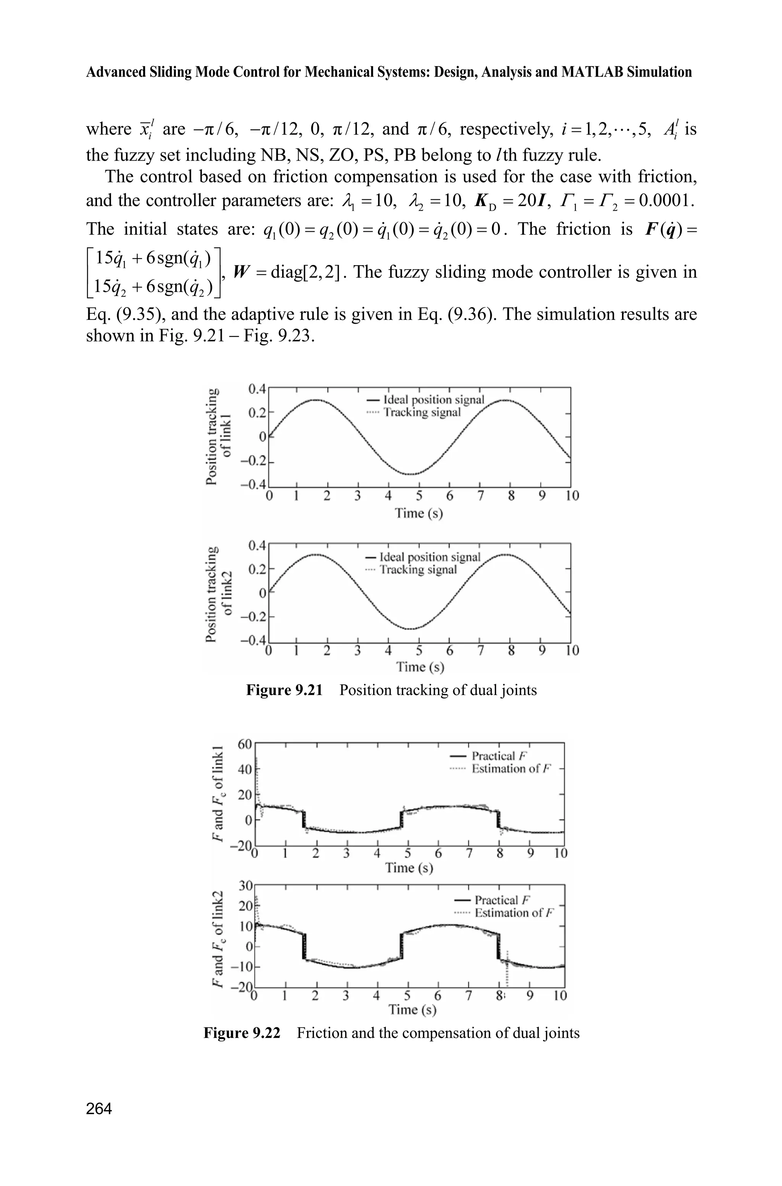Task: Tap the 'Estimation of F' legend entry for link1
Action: (507, 768)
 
